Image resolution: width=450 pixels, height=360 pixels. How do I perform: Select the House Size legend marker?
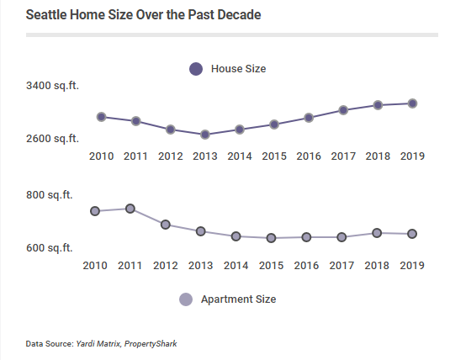point(196,69)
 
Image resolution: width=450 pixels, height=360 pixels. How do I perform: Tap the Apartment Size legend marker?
point(186,299)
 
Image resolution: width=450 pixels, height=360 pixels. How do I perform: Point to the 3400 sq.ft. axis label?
point(52,86)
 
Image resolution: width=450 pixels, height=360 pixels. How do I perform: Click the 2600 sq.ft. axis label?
point(52,139)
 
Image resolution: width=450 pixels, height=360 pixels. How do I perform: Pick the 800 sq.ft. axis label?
point(49,195)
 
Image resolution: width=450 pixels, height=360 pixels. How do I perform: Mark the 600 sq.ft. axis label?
point(49,248)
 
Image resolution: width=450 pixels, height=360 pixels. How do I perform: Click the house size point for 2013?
point(205,135)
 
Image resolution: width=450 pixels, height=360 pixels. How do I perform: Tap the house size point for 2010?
point(101,117)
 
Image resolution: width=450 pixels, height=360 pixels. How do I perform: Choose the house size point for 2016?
point(310,118)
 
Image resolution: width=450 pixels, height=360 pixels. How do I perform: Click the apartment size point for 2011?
point(130,209)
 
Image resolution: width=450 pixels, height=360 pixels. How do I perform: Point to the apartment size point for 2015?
point(271,238)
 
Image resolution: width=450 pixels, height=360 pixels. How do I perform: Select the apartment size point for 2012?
point(166,225)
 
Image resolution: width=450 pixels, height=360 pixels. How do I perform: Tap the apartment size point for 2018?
point(377,233)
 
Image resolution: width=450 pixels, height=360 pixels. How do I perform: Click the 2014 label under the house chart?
point(240,156)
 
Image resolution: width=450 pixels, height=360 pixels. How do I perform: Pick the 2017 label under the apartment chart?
point(341,266)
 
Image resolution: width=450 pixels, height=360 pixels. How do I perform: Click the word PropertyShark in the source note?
point(152,343)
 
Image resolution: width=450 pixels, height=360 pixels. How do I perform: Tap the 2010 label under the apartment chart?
point(95,266)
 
